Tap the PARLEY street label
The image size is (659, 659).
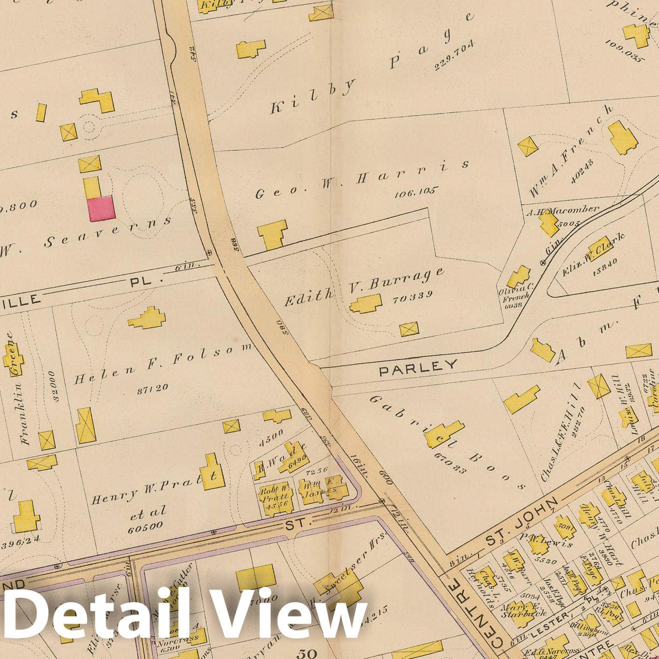418,367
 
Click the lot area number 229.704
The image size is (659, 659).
454,55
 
